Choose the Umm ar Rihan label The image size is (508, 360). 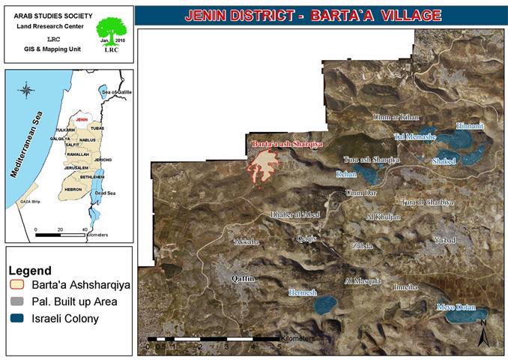(x=394, y=118)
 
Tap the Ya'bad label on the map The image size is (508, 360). (x=444, y=240)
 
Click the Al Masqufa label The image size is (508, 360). (x=363, y=281)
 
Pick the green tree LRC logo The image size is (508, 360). (x=111, y=31)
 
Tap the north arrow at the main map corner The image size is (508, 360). (x=483, y=330)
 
